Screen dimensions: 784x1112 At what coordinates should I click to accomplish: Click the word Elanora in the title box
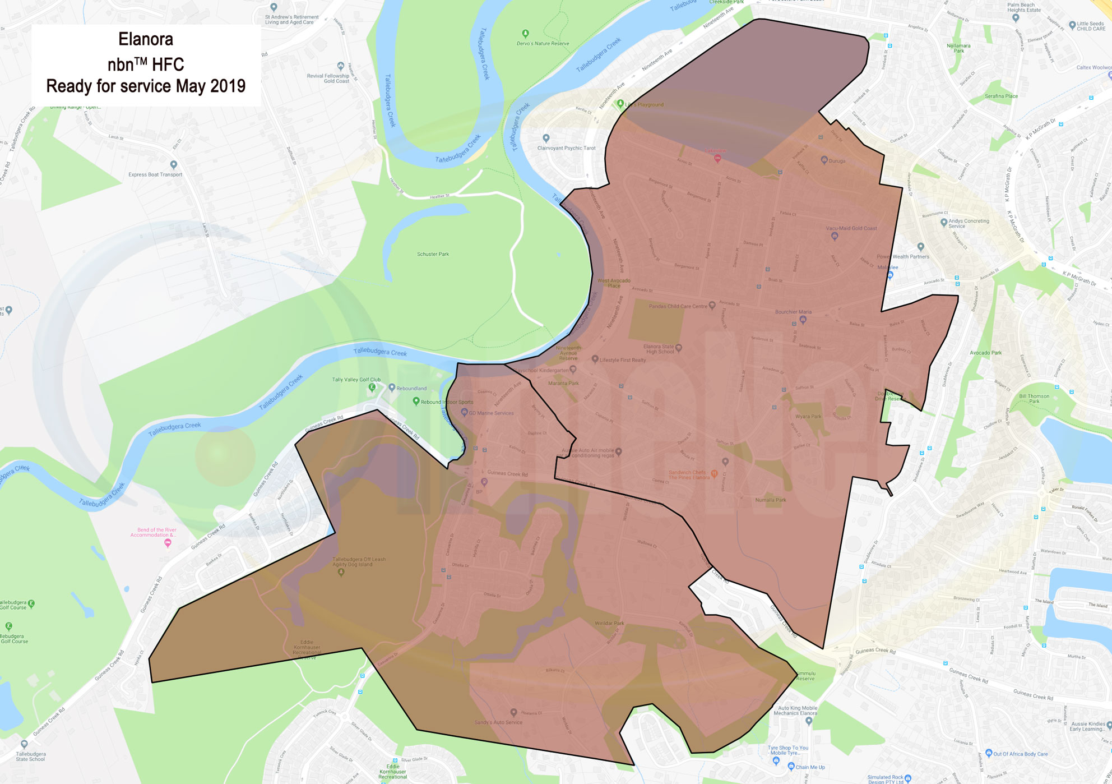coord(146,39)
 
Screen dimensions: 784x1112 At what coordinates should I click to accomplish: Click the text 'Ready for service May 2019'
coord(146,86)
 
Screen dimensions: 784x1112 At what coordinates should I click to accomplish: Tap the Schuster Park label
coord(433,254)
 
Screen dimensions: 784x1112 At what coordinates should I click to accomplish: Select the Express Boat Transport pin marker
coord(174,165)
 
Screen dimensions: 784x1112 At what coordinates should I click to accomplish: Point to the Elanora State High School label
coord(659,349)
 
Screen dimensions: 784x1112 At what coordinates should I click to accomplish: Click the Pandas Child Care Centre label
coord(678,306)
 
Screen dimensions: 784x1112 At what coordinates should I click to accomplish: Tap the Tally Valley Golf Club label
coord(356,380)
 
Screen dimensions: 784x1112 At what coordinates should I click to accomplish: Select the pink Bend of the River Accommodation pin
coord(168,543)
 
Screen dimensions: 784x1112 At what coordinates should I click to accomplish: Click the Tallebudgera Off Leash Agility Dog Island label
coord(359,561)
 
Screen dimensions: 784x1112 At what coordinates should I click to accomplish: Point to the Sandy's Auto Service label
coord(498,722)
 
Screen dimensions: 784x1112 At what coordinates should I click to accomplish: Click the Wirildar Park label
coord(609,623)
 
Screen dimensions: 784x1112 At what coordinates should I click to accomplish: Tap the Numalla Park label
coord(771,500)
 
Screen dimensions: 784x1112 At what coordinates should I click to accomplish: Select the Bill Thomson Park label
coord(1034,398)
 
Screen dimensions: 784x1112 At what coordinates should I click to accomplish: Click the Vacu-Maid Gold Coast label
coord(851,228)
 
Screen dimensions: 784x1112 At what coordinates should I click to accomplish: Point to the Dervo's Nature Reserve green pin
coord(525,34)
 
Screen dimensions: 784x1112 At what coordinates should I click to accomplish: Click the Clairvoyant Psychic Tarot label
coord(566,148)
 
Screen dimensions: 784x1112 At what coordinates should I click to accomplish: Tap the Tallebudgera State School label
coord(30,756)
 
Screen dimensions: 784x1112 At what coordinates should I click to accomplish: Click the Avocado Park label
coord(985,353)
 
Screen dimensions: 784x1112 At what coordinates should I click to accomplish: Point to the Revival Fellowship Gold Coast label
coord(328,78)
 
